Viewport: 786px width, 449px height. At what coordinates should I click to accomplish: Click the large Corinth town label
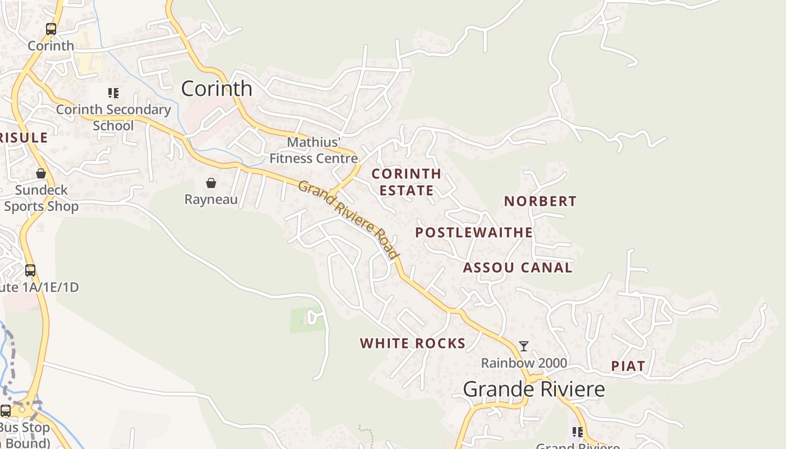pos(217,89)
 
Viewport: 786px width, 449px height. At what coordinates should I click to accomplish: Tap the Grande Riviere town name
pos(534,389)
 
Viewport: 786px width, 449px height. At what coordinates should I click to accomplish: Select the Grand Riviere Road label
pos(349,219)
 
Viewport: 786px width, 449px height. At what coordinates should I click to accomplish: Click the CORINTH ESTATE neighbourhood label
pos(406,182)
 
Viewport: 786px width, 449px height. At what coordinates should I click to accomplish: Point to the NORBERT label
pos(540,201)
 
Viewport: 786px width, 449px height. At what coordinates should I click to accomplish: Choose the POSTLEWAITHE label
pos(474,232)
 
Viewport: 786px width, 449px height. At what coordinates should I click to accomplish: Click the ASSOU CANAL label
pos(518,268)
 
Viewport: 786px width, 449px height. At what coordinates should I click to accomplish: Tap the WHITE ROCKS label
pos(413,343)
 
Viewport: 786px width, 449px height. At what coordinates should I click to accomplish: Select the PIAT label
pos(628,366)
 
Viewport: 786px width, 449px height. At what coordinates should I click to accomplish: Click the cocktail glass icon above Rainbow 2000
pos(524,346)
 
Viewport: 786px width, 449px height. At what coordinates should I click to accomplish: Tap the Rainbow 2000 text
pos(524,363)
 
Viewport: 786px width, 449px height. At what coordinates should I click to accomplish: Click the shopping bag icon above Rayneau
pos(211,183)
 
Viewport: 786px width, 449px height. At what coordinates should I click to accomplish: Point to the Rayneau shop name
pos(211,199)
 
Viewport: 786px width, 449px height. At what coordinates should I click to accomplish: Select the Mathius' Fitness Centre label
pos(313,150)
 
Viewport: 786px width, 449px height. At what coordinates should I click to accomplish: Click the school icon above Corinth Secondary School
pos(113,93)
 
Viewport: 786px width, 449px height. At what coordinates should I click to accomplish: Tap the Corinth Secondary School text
pos(113,117)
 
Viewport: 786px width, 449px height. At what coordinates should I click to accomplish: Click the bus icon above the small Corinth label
pos(51,29)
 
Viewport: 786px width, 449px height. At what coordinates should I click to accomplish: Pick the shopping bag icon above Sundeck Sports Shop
pos(41,173)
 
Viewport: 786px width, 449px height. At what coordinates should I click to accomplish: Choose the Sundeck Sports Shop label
pos(41,198)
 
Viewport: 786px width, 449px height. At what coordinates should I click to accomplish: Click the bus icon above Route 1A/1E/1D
pos(30,271)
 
